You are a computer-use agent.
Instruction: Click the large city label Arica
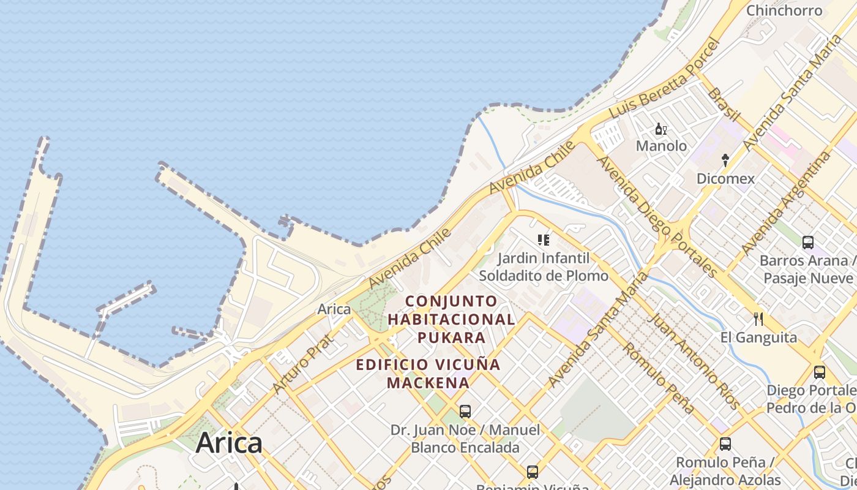coord(229,443)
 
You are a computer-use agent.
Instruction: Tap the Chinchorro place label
coord(784,10)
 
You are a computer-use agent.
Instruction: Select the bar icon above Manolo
coord(661,129)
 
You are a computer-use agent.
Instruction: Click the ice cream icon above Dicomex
coord(725,160)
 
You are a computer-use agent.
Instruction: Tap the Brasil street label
coord(724,104)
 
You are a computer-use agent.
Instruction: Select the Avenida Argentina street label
coord(786,202)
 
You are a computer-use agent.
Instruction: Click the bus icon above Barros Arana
coord(808,243)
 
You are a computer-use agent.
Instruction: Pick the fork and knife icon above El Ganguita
coord(758,319)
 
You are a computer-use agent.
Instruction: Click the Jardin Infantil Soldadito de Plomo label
coord(544,267)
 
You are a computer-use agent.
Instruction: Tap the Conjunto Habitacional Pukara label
coord(452,319)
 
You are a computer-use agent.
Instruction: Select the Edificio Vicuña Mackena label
coord(428,374)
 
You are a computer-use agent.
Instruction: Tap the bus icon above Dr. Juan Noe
coord(465,411)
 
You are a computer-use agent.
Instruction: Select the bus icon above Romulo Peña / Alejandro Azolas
coord(725,444)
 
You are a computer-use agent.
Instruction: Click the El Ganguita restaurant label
coord(758,337)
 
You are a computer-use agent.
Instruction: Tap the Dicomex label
coord(725,179)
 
